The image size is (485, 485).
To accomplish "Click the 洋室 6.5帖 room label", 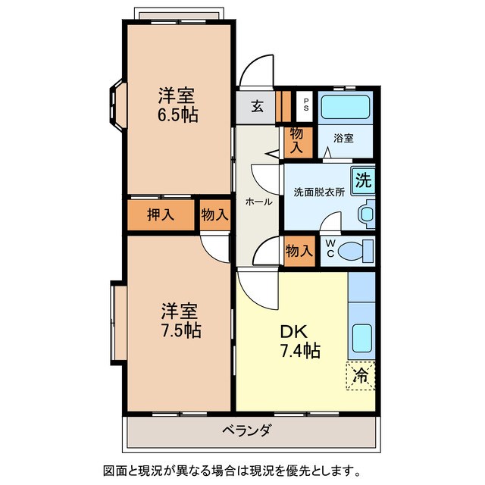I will point(178,105).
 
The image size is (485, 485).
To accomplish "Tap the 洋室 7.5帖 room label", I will point(180,321).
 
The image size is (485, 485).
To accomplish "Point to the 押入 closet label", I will point(161,214).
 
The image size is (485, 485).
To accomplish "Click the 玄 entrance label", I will point(258,107).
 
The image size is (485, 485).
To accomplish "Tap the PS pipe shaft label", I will point(305,105).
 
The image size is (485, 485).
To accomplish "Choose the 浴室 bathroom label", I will point(343,138).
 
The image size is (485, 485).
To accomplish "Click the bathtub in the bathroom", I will point(345,107).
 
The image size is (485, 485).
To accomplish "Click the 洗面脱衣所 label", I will point(319,192).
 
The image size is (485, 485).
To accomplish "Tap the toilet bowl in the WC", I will point(355,250).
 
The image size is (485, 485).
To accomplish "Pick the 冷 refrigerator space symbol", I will point(361,375).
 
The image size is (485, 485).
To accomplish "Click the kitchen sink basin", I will point(361,338).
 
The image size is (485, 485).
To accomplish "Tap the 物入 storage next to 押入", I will point(214,214).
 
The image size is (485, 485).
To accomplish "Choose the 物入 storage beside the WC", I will point(299,249).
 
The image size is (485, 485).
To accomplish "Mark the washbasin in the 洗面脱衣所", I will point(367,214).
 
